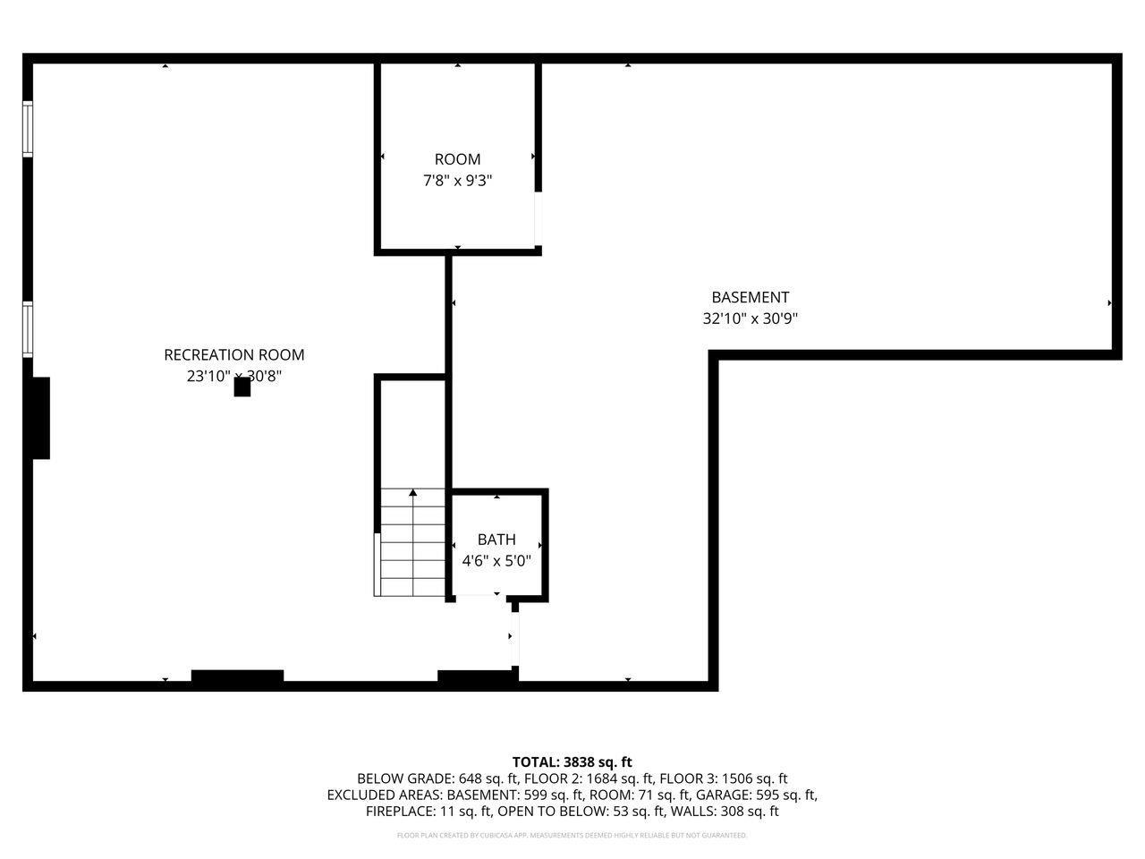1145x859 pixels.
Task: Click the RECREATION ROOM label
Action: pos(233,354)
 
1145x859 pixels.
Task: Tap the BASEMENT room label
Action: pos(750,297)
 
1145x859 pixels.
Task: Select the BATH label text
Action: pos(496,540)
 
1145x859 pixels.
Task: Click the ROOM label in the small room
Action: pos(457,159)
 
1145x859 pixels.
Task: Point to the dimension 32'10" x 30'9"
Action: pos(750,319)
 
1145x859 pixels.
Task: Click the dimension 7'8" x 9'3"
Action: pos(457,181)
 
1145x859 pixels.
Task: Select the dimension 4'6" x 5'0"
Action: pos(496,561)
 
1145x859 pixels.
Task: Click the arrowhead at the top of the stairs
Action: pos(412,493)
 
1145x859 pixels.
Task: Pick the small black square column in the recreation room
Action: pos(242,387)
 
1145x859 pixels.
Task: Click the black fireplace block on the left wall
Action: pos(40,418)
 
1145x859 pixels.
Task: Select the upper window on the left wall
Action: pos(28,130)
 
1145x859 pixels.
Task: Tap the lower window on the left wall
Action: pos(28,330)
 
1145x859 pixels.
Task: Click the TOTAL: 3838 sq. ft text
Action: pos(572,762)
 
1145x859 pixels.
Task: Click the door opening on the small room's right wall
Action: pos(539,218)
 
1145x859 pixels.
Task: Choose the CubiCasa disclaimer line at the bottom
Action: pos(572,836)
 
